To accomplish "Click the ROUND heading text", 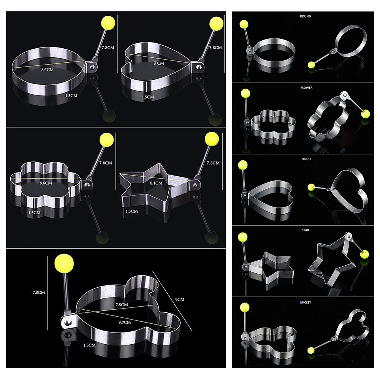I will tap(305, 16).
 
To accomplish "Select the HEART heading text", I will tap(305, 159).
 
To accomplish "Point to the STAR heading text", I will tap(305, 230).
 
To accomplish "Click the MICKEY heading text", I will tap(305, 302).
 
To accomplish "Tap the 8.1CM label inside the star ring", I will tap(156, 183).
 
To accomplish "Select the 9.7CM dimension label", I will tap(125, 322).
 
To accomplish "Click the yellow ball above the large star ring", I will tap(211, 138).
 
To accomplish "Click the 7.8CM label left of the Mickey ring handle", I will tap(38, 293).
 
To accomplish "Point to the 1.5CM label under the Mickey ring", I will tap(89, 345).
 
